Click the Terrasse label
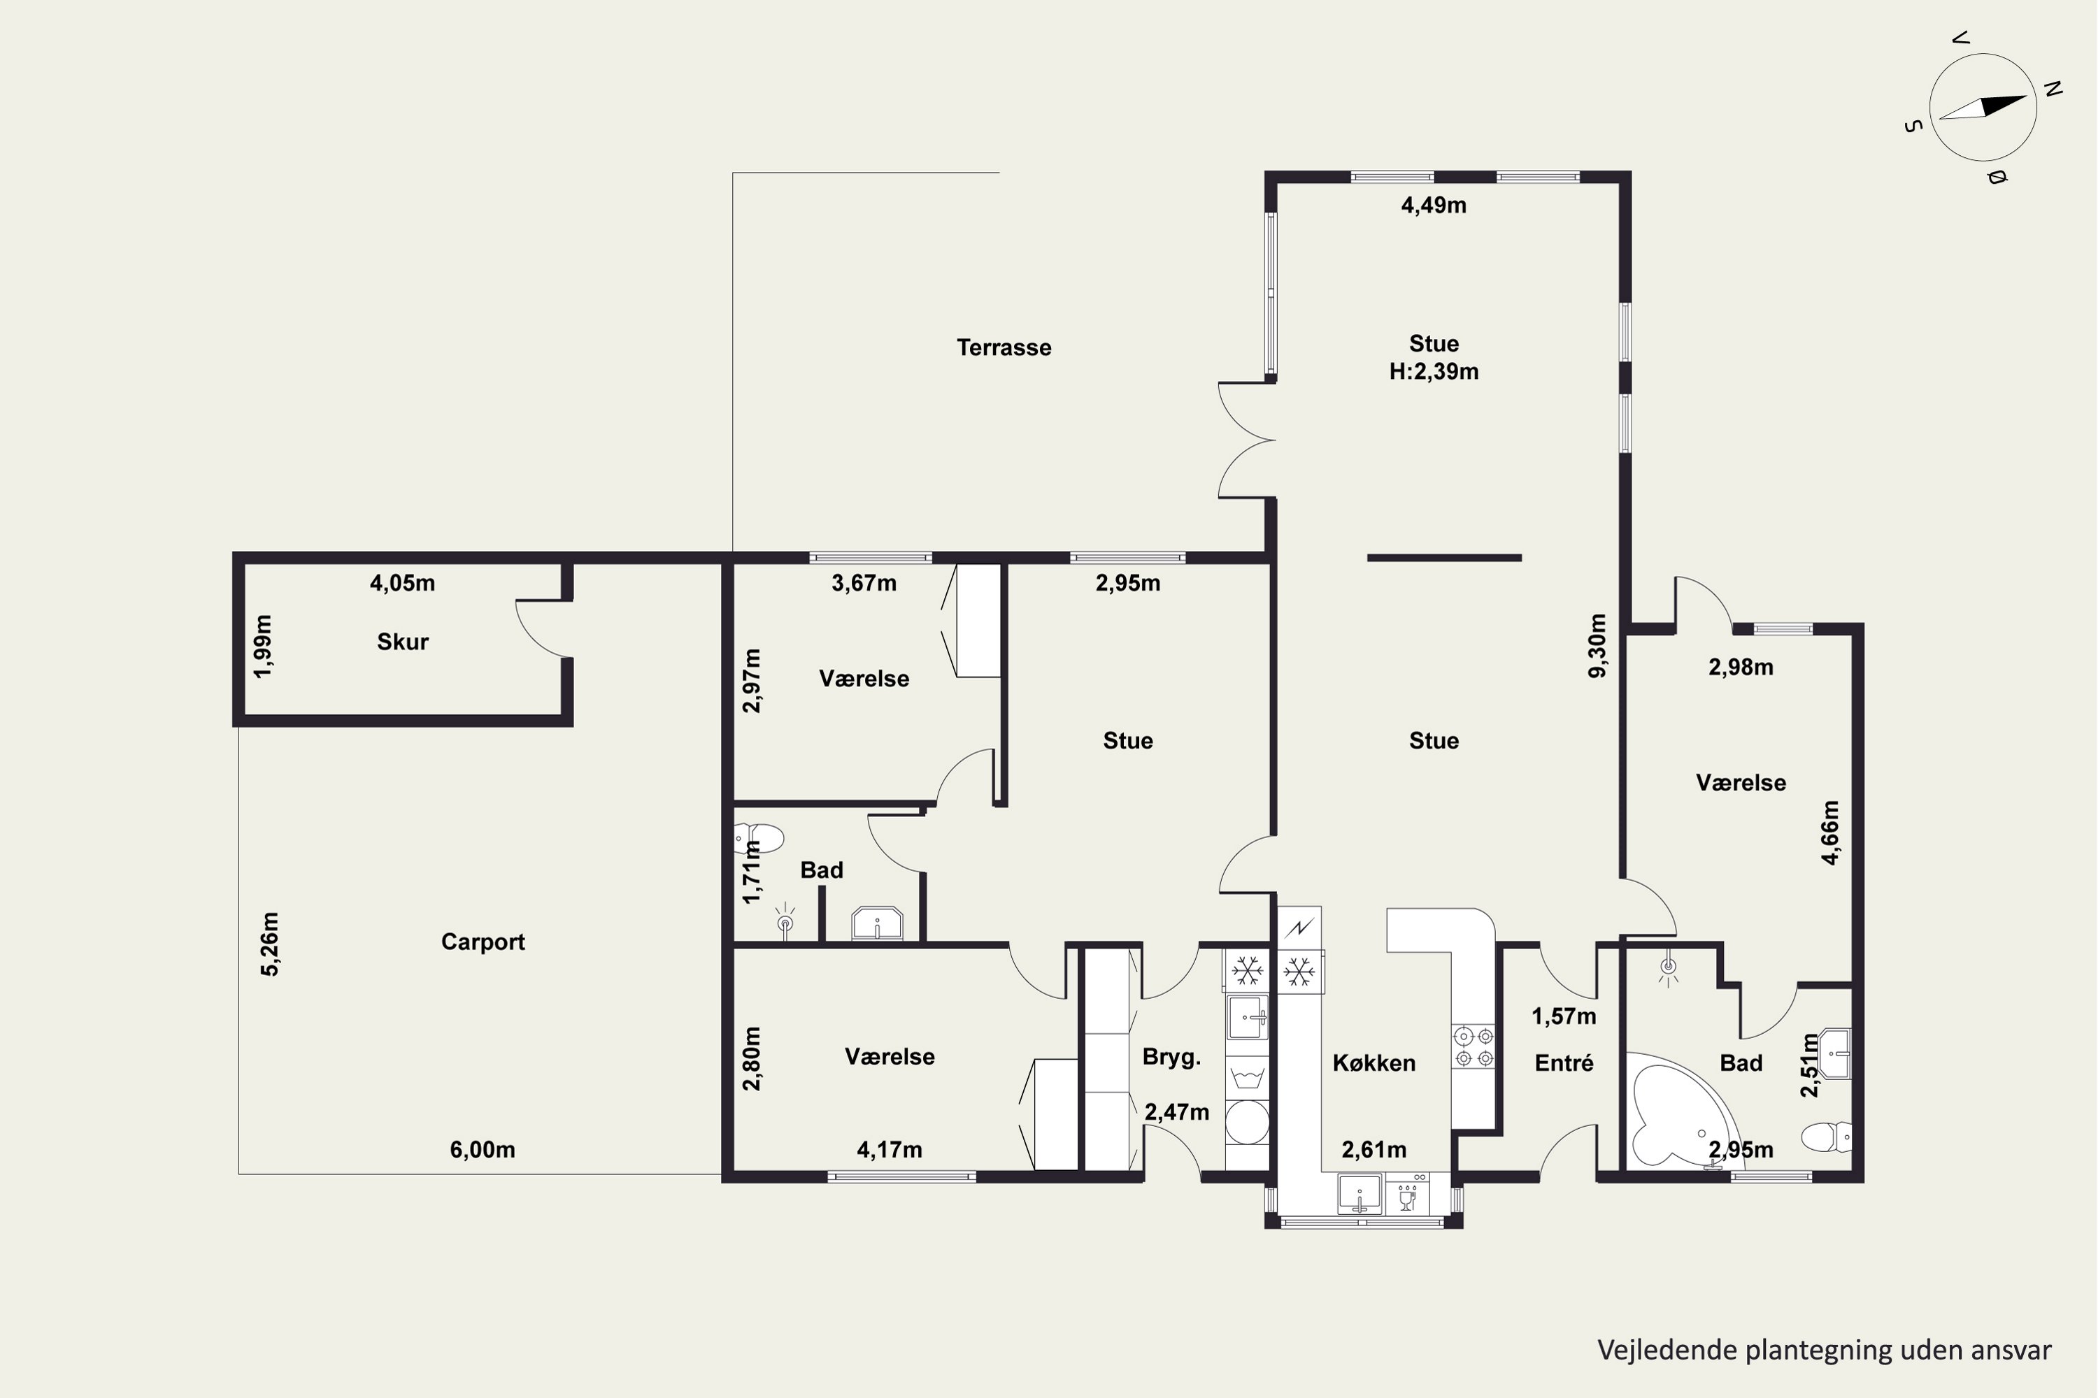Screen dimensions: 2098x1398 1004,347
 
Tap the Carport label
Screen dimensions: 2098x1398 483,942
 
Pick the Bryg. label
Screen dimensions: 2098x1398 1171,1058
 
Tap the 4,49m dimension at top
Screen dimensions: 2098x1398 1434,205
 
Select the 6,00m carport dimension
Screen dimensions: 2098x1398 482,1150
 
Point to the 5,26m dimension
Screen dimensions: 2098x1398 269,944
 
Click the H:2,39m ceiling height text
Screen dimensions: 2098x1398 1434,372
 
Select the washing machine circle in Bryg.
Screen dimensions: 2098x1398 1247,1122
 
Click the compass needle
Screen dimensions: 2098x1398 1982,107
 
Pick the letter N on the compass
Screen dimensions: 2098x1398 2053,89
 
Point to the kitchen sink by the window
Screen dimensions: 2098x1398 1360,1194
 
